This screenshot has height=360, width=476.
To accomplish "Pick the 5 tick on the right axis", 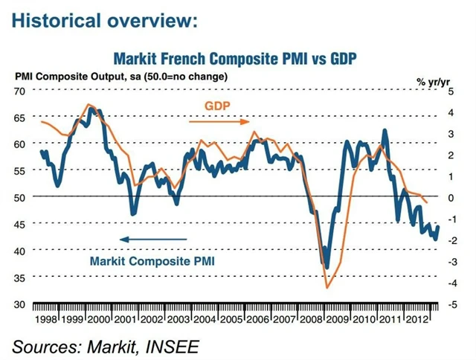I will tap(449, 91).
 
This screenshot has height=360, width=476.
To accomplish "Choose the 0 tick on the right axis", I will tap(449, 198).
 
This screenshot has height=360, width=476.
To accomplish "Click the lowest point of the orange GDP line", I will tap(327, 287).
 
